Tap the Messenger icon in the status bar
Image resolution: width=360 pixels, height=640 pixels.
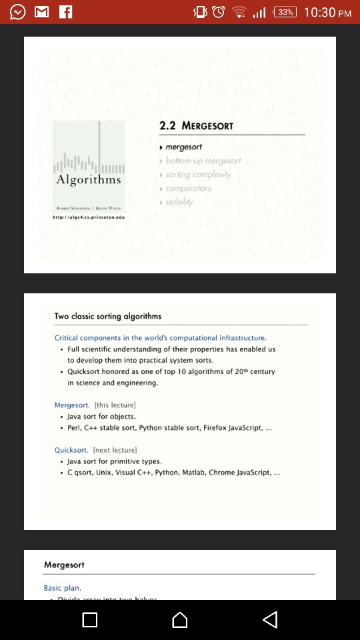click(17, 12)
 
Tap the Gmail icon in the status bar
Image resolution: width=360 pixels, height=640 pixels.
click(41, 12)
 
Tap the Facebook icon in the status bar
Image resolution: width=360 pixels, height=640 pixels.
click(66, 12)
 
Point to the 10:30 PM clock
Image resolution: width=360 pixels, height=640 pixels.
click(327, 13)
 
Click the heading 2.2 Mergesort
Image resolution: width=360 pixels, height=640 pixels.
click(197, 125)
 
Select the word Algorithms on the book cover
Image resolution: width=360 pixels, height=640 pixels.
click(89, 180)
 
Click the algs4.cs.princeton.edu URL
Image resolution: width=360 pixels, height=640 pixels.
click(89, 217)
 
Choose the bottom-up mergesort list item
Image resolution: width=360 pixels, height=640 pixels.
click(203, 161)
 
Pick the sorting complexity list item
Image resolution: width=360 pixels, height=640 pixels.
click(198, 175)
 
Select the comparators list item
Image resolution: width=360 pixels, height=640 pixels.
click(188, 189)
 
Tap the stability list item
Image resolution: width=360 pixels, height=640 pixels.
click(179, 202)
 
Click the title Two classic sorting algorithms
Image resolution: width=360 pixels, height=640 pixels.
click(108, 316)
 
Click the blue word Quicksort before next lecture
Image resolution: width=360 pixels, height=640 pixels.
click(71, 450)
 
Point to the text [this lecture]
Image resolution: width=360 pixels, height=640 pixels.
click(115, 405)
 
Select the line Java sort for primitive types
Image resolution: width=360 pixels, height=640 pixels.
click(115, 461)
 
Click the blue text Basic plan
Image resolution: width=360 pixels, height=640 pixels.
click(63, 588)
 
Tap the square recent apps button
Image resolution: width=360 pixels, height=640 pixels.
click(90, 620)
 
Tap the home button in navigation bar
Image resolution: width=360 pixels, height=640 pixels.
click(180, 620)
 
